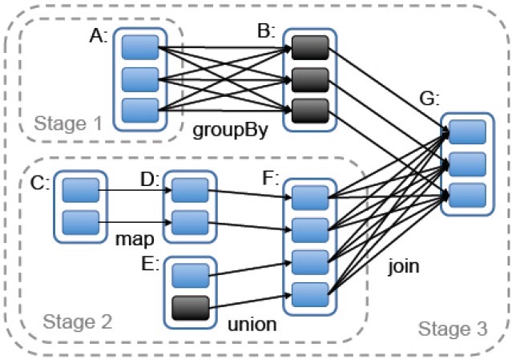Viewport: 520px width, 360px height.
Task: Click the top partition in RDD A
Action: tap(139, 49)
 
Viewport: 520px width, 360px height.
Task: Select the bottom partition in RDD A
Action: tap(139, 110)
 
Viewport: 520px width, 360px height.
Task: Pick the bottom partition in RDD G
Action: tap(467, 193)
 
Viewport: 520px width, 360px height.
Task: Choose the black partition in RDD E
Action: tap(190, 306)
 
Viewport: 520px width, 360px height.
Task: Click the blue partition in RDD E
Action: tap(190, 274)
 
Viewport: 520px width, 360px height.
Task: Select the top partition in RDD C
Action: tap(80, 191)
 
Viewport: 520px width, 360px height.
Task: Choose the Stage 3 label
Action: tap(453, 327)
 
